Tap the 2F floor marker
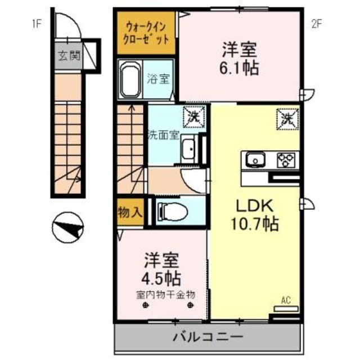pos(317,23)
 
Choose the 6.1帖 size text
pos(238,68)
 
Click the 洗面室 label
pos(163,135)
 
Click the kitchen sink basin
pos(256,160)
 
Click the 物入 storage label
pos(130,212)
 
